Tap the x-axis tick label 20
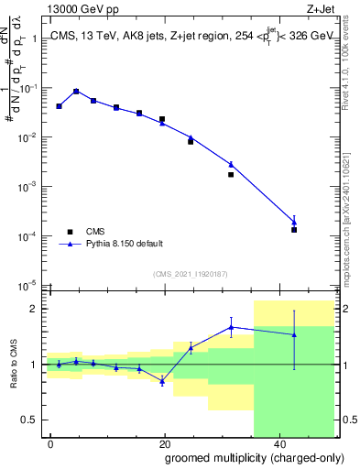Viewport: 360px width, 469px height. click(x=164, y=443)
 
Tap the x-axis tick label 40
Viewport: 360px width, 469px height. click(x=278, y=443)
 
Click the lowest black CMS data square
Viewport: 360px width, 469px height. click(x=294, y=229)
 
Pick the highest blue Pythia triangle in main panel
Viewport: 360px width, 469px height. click(x=76, y=91)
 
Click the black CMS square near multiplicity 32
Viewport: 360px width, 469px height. click(x=231, y=174)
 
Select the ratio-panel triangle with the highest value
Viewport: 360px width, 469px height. click(x=231, y=327)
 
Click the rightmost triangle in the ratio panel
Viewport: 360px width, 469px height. click(x=294, y=334)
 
